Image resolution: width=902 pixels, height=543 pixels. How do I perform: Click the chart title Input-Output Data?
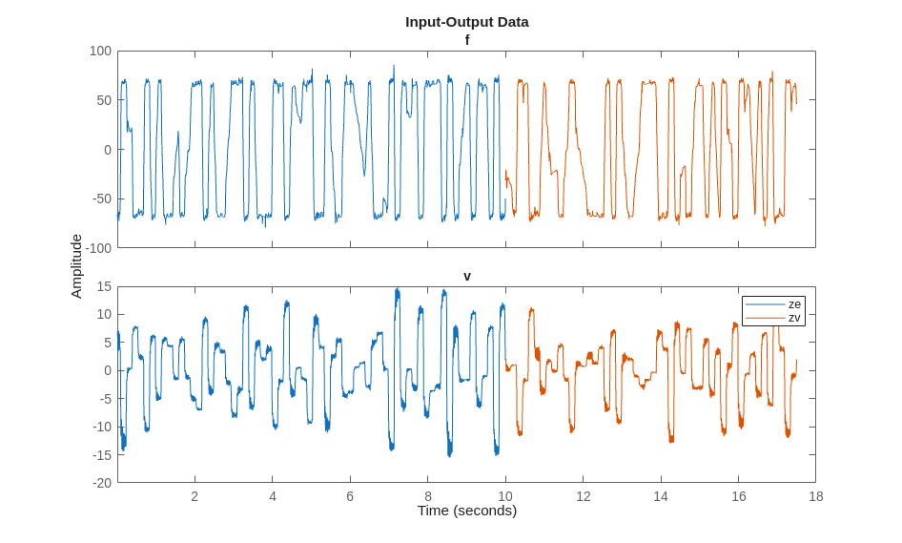[466, 21]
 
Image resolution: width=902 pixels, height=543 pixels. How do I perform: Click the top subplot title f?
[467, 39]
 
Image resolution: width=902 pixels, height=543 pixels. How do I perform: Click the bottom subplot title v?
[467, 276]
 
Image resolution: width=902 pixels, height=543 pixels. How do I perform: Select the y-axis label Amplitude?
[76, 266]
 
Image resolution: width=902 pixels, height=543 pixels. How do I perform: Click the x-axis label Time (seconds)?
[466, 511]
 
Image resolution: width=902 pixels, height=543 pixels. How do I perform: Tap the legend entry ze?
[794, 304]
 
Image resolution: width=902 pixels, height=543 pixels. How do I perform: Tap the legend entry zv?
[794, 318]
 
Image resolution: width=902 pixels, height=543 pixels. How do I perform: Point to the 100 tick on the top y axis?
[100, 51]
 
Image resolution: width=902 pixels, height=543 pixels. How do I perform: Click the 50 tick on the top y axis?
[104, 100]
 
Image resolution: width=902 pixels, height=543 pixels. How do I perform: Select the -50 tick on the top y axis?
[101, 198]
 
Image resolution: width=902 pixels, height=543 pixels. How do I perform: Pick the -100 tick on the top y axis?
[98, 248]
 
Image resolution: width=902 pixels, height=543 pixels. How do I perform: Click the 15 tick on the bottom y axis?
[104, 286]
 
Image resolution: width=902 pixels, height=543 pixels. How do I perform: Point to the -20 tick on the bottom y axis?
[101, 483]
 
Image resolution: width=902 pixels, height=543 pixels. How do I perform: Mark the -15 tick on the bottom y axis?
[101, 454]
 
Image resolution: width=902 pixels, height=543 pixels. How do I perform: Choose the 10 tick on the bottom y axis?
[104, 314]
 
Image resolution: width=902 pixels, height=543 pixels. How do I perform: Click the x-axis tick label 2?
[195, 496]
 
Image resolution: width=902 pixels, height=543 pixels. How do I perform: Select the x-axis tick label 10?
[505, 496]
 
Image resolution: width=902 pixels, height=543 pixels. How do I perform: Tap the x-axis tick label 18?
[816, 496]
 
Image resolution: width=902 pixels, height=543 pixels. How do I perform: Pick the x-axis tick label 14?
[661, 496]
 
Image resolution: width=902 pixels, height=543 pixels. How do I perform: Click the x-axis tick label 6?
[350, 496]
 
